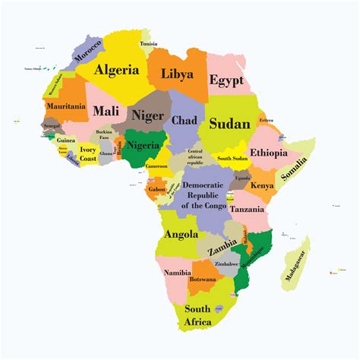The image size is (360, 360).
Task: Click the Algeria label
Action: point(117,70)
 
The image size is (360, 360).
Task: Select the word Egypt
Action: point(226,78)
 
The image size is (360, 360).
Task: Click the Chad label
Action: point(185,120)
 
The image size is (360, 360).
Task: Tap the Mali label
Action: point(106,111)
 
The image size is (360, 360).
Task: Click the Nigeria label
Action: point(142,145)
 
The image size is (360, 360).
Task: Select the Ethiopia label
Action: point(268,153)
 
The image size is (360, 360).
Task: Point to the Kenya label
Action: point(262,185)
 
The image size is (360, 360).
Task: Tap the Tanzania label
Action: point(248,209)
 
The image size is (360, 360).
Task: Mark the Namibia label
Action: point(176,271)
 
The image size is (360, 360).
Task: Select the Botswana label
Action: point(204,279)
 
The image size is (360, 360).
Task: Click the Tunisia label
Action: point(149,43)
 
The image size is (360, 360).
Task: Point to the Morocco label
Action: point(88,52)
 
